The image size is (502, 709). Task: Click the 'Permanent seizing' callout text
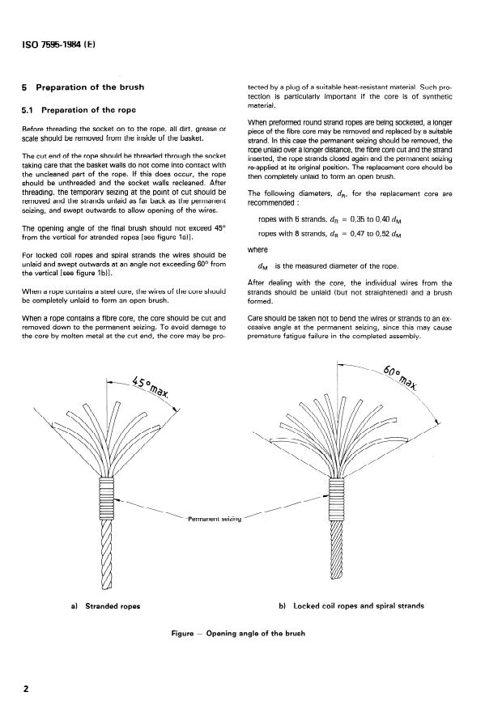click(213, 516)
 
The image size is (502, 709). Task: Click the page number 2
click(27, 689)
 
